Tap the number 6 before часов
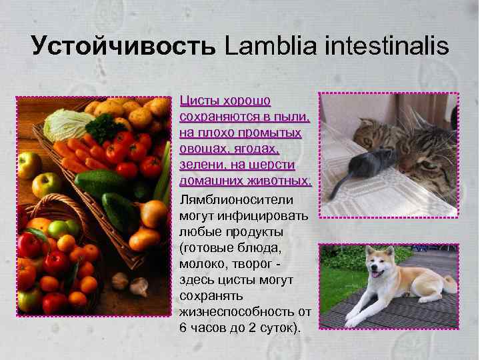click(x=183, y=327)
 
